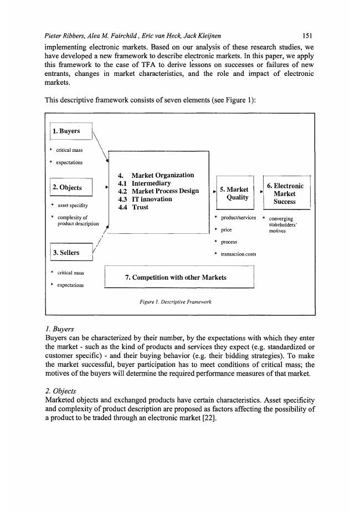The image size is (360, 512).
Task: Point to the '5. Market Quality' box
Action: tap(234, 194)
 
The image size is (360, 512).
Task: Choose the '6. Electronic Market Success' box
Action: tap(285, 194)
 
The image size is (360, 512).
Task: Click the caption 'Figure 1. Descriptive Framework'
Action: tap(176, 303)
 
